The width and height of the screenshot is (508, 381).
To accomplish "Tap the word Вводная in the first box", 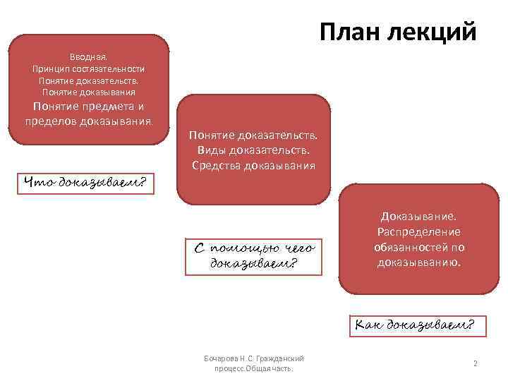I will point(88,56).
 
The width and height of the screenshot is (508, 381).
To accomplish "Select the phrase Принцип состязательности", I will point(88,68).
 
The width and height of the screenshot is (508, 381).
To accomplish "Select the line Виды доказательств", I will point(253,150).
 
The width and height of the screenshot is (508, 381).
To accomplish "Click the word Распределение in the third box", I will point(419,231).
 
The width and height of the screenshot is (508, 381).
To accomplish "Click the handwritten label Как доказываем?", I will point(414,325).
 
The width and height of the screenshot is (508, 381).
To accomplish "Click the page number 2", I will point(476,363).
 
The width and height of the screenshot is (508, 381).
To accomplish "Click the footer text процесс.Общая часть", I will point(253,369).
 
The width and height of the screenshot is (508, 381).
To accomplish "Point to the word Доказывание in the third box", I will point(419,216).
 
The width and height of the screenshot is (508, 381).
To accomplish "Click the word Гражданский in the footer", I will point(282,358).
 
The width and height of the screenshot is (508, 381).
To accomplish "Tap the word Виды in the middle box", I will point(210,150).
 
